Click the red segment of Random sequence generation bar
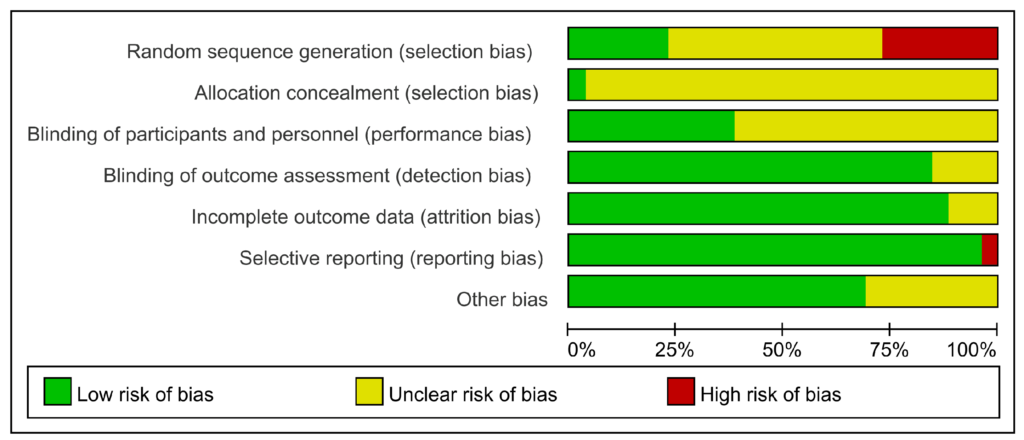(x=940, y=43)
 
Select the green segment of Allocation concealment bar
(x=578, y=85)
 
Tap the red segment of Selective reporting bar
(x=989, y=250)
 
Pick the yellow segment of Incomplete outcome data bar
(x=973, y=208)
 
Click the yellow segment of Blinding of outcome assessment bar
(x=965, y=167)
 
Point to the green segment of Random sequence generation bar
(x=618, y=43)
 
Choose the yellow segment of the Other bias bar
(x=932, y=291)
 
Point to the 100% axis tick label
(x=972, y=350)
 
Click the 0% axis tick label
(x=582, y=350)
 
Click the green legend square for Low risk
(x=58, y=391)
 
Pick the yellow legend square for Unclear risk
(x=369, y=391)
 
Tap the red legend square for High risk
(x=681, y=391)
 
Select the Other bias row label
(x=502, y=300)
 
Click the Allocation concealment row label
(x=367, y=93)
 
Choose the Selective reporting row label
(x=391, y=259)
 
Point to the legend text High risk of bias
(x=771, y=395)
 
